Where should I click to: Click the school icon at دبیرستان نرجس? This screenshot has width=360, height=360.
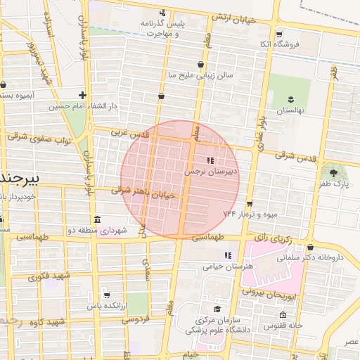coord(210,161)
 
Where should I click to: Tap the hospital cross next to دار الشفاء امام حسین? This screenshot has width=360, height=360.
coord(83,95)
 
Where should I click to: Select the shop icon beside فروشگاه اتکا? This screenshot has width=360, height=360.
coord(280,34)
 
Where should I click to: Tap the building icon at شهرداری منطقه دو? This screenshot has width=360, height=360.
coord(96,218)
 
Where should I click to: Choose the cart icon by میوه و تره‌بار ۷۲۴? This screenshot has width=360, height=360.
coord(249,203)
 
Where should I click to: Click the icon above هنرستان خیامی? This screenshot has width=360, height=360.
coord(226,255)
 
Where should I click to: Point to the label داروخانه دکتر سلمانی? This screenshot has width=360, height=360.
coord(319,257)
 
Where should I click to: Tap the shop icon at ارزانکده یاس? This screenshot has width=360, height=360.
coord(106,294)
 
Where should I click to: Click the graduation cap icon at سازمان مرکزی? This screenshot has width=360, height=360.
coord(217,309)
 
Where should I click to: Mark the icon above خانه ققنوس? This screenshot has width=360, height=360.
coord(283,314)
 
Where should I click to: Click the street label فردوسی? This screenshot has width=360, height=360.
coord(136,319)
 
